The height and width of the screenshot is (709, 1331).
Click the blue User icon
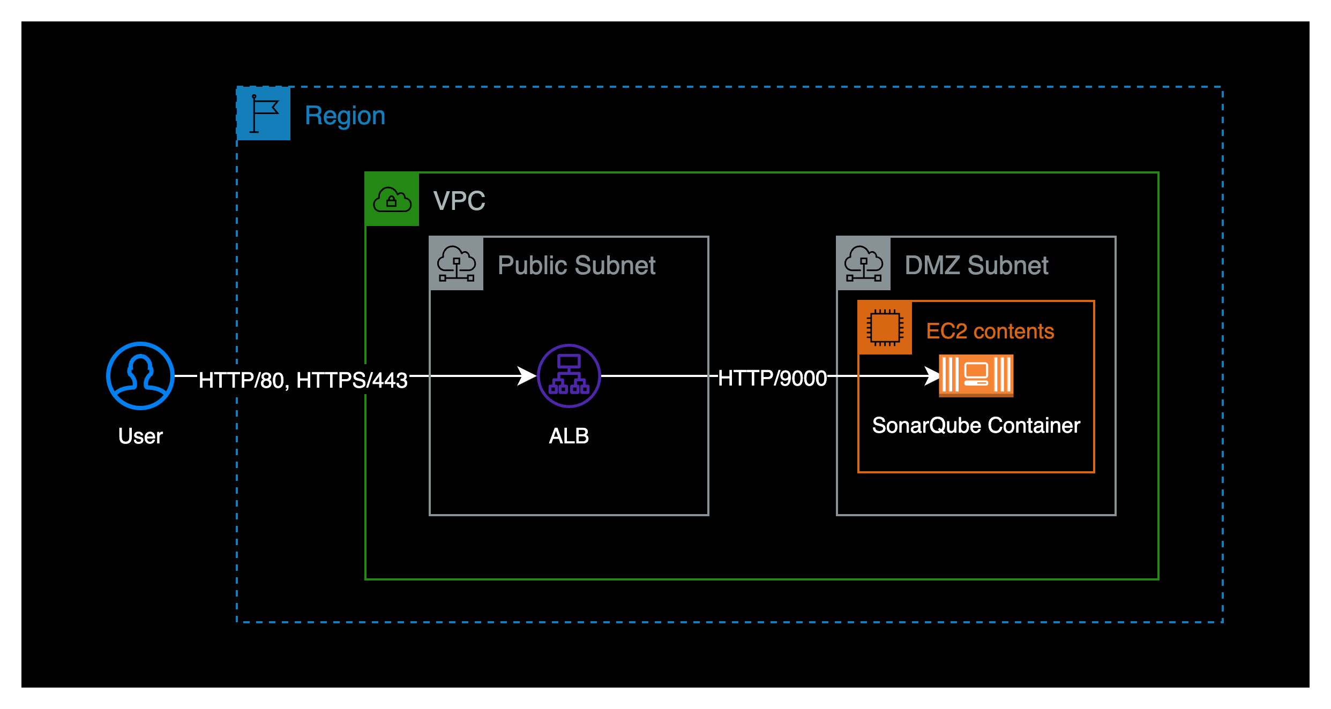(140, 376)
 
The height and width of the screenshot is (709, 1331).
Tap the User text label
(140, 436)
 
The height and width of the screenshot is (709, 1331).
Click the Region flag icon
(264, 114)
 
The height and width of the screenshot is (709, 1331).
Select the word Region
(345, 116)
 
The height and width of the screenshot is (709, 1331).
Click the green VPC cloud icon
(392, 200)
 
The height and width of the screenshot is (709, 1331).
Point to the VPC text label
(459, 201)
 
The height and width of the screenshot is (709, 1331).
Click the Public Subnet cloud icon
(457, 263)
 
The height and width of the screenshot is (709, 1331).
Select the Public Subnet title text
(577, 265)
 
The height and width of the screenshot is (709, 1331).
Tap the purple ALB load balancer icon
(569, 376)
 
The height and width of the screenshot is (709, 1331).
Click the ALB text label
(569, 436)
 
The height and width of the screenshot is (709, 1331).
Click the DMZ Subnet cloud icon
(864, 263)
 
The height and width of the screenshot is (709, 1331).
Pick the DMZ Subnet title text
(976, 265)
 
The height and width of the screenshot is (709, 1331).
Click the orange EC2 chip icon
(885, 328)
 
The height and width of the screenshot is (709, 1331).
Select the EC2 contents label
(990, 331)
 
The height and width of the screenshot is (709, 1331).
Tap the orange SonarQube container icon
(976, 376)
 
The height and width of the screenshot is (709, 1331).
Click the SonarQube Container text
(976, 425)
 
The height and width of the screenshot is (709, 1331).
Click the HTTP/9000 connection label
(772, 378)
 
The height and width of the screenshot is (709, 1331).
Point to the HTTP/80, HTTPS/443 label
(303, 380)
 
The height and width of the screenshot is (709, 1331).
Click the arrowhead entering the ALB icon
(527, 376)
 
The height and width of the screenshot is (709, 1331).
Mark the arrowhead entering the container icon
(932, 376)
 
